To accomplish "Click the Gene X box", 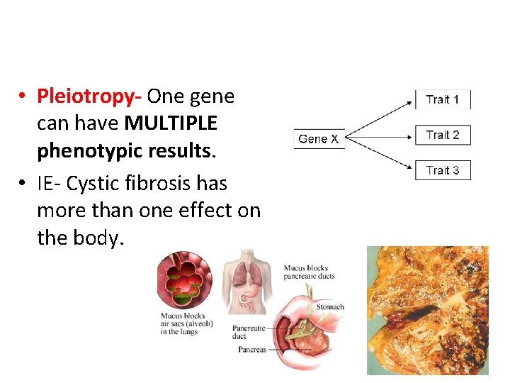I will (x=318, y=139).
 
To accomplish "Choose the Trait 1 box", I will (x=443, y=99).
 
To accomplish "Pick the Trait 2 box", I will (x=443, y=135).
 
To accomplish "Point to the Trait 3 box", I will (x=443, y=170).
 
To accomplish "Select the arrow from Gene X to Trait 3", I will (x=380, y=155).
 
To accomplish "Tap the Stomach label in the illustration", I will (x=330, y=307).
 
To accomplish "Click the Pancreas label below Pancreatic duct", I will (x=252, y=350).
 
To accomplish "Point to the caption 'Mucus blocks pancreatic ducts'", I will (x=310, y=272).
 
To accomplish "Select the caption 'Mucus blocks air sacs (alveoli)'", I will (x=182, y=324).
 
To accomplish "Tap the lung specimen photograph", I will (x=427, y=310).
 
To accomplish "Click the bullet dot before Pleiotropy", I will (x=23, y=96).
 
